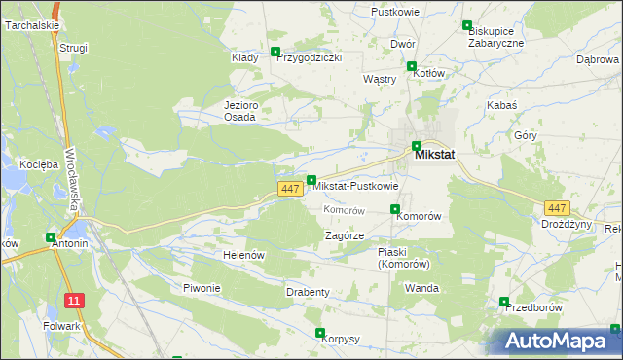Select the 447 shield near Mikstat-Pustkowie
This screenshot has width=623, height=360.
[x=289, y=189]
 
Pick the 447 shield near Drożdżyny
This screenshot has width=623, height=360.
[x=557, y=208]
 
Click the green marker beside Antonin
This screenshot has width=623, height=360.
[x=51, y=236]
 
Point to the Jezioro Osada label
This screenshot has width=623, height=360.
[x=239, y=111]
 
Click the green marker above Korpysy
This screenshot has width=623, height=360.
[x=320, y=333]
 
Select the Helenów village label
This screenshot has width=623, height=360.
[x=244, y=255]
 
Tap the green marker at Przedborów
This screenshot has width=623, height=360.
[x=504, y=302]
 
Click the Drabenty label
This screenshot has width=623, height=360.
[x=308, y=292]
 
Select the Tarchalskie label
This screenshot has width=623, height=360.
[x=31, y=25]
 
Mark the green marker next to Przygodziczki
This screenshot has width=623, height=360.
[x=275, y=53]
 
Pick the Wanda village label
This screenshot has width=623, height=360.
[x=421, y=289]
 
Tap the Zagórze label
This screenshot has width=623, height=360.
[x=344, y=235]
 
